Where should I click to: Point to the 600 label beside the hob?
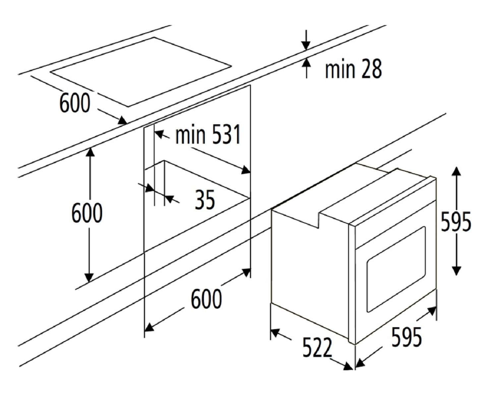(75, 103)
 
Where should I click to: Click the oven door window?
(396, 270)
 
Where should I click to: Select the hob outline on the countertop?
(141, 72)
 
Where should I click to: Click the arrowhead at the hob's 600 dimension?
(122, 120)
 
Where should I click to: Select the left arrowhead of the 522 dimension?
(275, 332)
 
